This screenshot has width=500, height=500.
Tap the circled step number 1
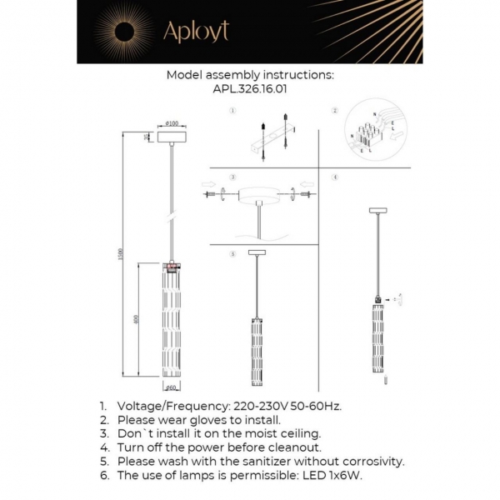[233, 112]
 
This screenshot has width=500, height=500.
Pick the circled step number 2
[335, 111]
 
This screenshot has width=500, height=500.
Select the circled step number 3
[233, 177]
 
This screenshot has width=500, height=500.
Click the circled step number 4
[335, 177]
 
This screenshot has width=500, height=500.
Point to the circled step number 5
[233, 252]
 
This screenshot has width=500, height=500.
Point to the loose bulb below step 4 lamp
[385, 381]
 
